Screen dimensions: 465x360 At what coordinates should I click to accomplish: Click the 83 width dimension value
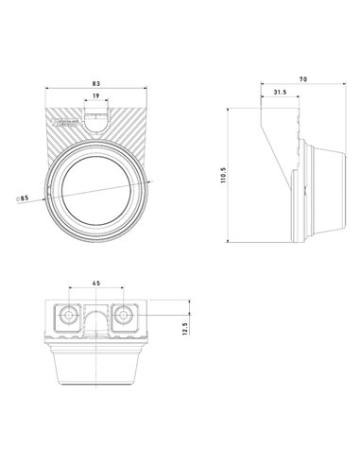tap(96, 84)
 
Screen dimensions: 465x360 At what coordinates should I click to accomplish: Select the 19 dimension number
tap(96, 96)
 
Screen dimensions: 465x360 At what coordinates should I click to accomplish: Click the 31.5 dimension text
tap(279, 94)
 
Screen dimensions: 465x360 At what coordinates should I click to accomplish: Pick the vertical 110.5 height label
tap(223, 177)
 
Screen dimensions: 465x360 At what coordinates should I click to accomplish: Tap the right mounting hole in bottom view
tap(124, 314)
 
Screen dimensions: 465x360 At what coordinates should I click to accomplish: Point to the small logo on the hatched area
tap(64, 123)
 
